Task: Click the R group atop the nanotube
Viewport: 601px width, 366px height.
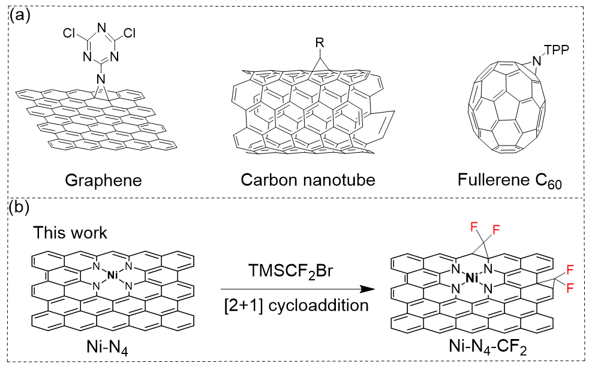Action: [x=321, y=43]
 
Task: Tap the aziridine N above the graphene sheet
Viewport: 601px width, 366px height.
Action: [x=101, y=79]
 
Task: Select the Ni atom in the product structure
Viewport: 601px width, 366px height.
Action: [x=473, y=278]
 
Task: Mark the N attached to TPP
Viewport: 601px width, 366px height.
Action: [x=537, y=59]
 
